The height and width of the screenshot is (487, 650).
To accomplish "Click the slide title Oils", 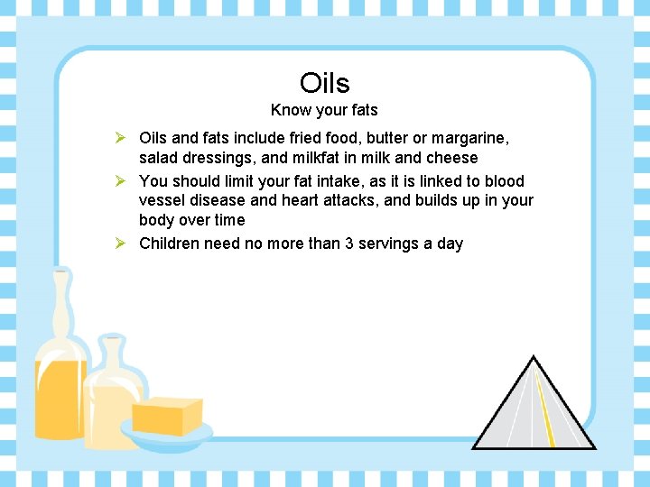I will (324, 83).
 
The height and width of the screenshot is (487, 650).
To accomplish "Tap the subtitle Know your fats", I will (324, 111).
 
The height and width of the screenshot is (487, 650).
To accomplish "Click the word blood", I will (504, 181).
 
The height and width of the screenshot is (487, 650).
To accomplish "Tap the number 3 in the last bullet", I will (349, 243).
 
